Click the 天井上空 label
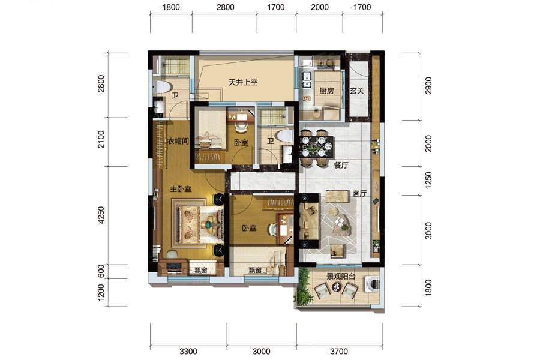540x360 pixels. point(243,82)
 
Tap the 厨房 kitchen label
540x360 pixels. point(326,91)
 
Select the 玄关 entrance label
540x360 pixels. point(357,91)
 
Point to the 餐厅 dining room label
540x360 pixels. point(341,166)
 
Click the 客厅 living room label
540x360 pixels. point(359,194)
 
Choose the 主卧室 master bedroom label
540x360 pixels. point(181,189)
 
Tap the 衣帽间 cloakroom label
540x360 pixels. point(178,141)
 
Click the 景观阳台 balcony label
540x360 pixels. point(341,276)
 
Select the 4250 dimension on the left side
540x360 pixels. point(101,215)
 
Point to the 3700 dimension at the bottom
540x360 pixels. point(339,352)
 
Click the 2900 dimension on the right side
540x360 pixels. point(428,85)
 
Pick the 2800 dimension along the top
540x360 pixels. point(225,7)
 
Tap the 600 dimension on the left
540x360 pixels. point(101,271)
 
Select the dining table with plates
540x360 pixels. point(316,148)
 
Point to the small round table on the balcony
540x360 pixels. point(337,287)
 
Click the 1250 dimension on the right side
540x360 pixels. point(428,181)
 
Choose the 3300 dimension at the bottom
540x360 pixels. point(188,352)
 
